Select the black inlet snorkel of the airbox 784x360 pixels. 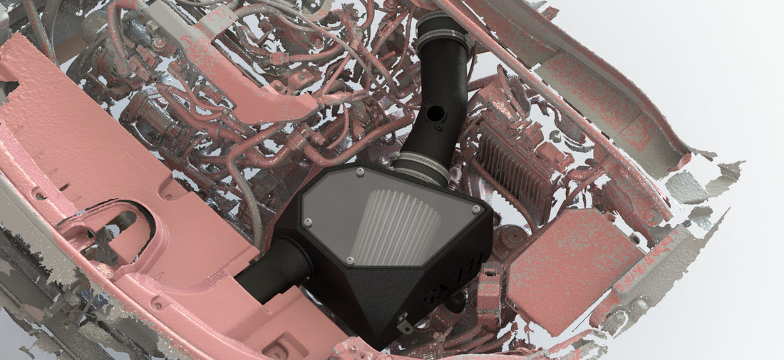click(274, 270)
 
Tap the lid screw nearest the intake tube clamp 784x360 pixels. click(361, 172)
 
